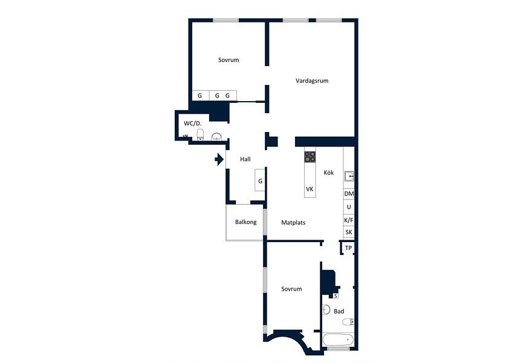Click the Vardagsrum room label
pyautogui.click(x=312, y=81)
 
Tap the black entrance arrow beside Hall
pyautogui.click(x=219, y=159)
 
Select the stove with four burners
pyautogui.click(x=310, y=157)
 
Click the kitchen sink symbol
pyautogui.click(x=349, y=177)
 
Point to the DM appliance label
pyautogui.click(x=349, y=194)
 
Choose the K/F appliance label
pyautogui.click(x=349, y=220)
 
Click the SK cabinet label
pyautogui.click(x=349, y=232)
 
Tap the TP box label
pyautogui.click(x=348, y=248)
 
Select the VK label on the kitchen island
pyautogui.click(x=310, y=189)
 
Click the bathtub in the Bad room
pyautogui.click(x=338, y=340)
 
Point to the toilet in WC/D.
pyautogui.click(x=200, y=134)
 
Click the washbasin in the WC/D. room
pyautogui.click(x=216, y=137)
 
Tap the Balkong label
pyautogui.click(x=245, y=222)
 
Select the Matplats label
pyautogui.click(x=293, y=223)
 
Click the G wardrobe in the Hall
pyautogui.click(x=260, y=180)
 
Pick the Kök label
pyautogui.click(x=329, y=173)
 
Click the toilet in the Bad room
pyautogui.click(x=348, y=321)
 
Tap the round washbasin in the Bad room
pyautogui.click(x=326, y=309)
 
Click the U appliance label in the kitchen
pyautogui.click(x=349, y=207)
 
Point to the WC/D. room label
pyautogui.click(x=192, y=123)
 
